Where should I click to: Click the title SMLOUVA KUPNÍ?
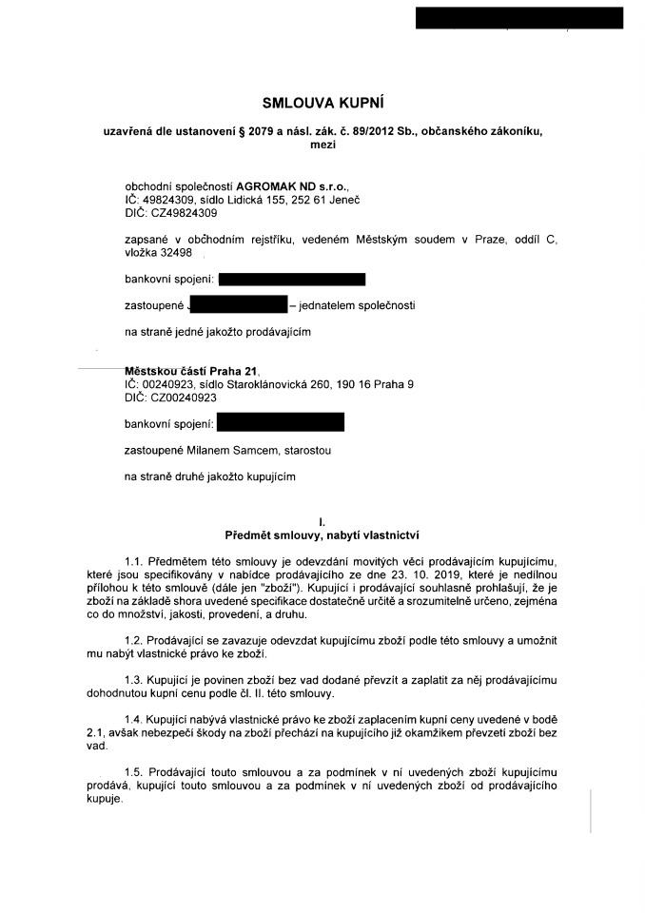tap(322, 102)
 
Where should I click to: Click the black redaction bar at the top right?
tap(519, 17)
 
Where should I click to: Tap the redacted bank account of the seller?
tap(291, 280)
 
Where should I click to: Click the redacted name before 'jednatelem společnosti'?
tap(238, 305)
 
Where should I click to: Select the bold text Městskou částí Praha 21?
tap(190, 371)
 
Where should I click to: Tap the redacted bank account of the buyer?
tap(280, 422)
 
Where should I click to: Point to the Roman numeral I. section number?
tap(322, 521)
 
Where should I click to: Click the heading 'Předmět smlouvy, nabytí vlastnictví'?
tap(322, 534)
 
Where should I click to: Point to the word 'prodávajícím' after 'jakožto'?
tap(278, 332)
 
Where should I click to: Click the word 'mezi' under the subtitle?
tap(322, 144)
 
